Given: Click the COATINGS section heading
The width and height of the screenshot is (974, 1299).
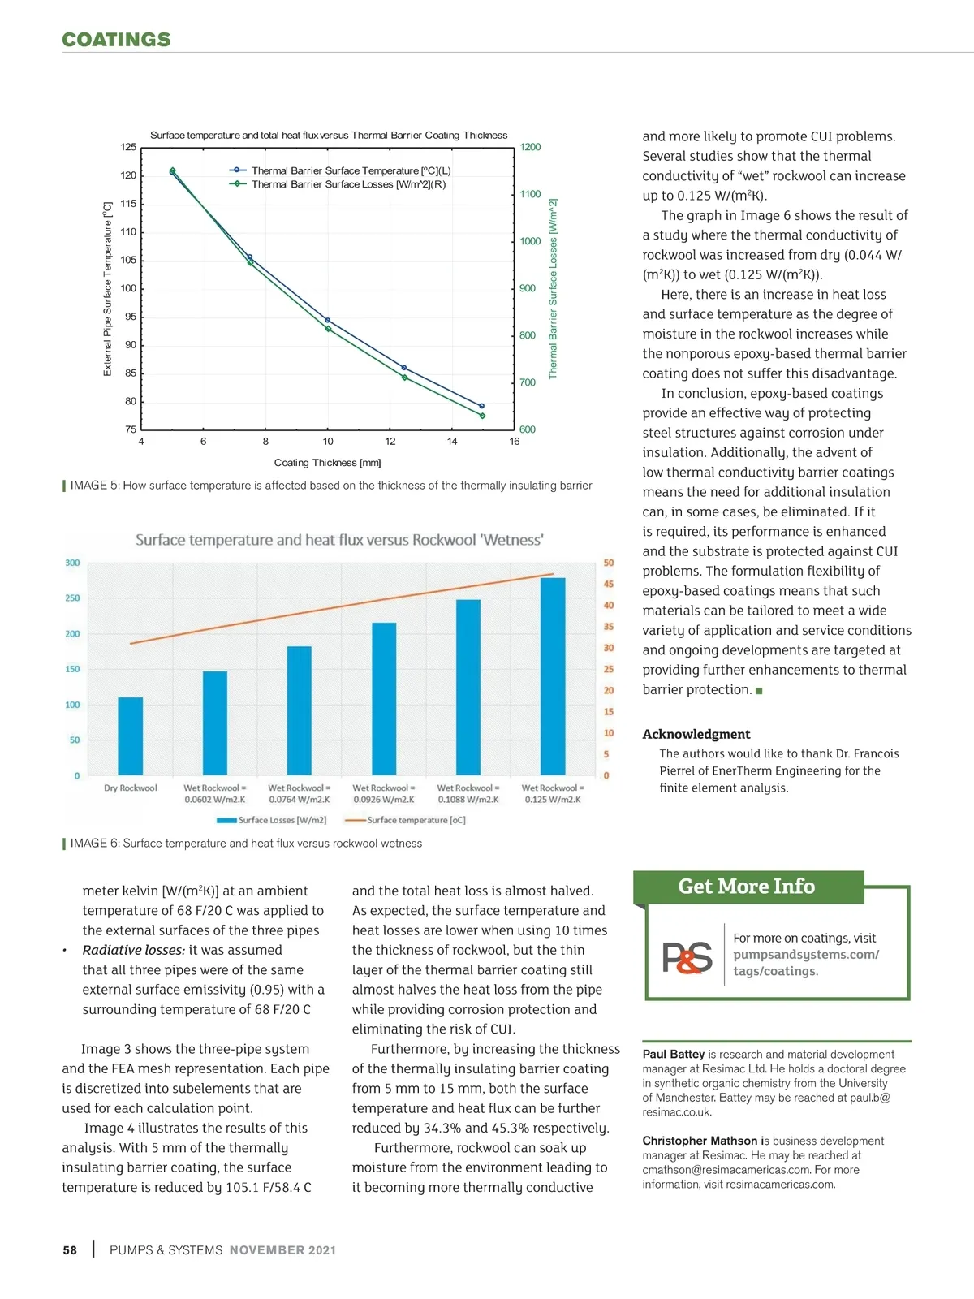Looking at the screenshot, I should tap(116, 40).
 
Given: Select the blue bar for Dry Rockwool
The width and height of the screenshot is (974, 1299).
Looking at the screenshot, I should tap(131, 736).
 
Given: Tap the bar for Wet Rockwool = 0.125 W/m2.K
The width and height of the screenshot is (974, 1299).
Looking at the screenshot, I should tap(553, 676).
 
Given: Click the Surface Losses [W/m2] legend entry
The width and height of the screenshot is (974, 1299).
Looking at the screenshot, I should tap(272, 820).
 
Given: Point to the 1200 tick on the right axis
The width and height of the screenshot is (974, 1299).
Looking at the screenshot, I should tap(530, 147).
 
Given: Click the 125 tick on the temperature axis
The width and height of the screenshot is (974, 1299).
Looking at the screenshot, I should tap(128, 147).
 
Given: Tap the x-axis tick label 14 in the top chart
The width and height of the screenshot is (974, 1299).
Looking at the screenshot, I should tap(452, 442).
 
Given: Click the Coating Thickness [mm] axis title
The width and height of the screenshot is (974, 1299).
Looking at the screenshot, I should tap(327, 463).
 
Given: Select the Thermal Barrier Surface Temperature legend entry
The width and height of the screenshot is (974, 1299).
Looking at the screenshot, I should tap(341, 170).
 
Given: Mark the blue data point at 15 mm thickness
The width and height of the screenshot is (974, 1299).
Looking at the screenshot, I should tap(481, 406).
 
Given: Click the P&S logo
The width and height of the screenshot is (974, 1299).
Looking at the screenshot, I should tap(687, 957).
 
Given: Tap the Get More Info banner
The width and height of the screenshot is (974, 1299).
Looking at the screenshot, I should tap(747, 887).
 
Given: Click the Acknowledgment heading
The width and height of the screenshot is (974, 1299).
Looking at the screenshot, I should tap(696, 734).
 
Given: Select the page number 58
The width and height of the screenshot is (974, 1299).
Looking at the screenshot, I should tap(70, 1250).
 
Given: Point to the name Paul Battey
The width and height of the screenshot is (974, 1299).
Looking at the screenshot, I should tap(673, 1055).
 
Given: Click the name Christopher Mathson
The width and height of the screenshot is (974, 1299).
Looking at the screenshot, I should tap(700, 1141).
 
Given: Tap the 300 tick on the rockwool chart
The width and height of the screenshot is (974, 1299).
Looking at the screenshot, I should tap(73, 563).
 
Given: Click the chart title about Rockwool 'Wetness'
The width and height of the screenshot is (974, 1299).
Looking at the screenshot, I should tap(339, 540).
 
